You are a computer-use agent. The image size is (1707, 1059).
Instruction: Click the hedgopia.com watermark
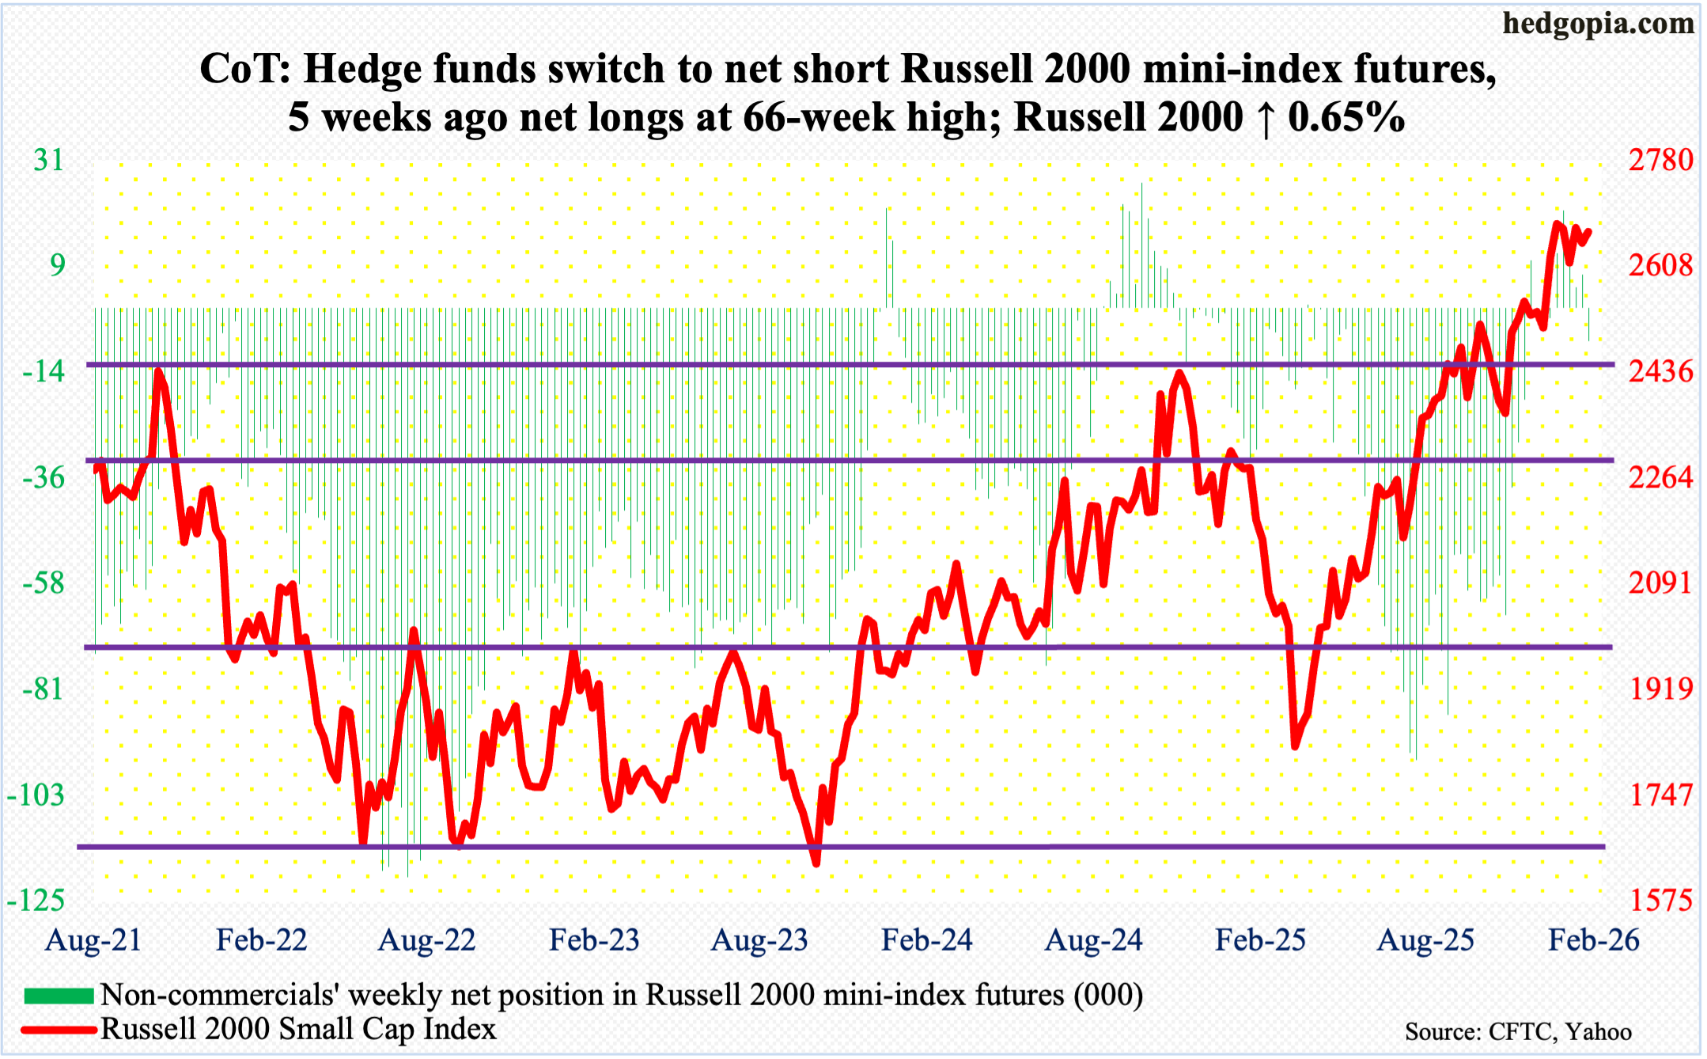point(1598,24)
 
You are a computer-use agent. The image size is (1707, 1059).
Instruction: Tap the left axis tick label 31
point(48,161)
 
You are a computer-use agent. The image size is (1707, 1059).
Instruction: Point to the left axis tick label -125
point(36,900)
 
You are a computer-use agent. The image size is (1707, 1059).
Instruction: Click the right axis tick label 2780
point(1660,161)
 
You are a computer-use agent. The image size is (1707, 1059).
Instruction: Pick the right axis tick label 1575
point(1660,900)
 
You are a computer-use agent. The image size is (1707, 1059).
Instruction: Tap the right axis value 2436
point(1660,371)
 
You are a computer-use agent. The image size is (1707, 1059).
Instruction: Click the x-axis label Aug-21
point(93,940)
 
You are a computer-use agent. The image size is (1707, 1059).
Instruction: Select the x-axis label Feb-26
point(1593,940)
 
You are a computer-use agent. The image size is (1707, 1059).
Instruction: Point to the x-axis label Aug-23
point(759,940)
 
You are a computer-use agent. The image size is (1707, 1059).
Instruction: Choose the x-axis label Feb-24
point(926,940)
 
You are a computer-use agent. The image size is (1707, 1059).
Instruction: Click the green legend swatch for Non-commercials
point(59,996)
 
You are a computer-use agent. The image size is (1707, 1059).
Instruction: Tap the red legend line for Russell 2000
point(59,1030)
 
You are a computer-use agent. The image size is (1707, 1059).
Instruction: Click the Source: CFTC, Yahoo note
point(1518,1032)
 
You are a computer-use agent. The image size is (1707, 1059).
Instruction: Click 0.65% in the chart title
point(1346,117)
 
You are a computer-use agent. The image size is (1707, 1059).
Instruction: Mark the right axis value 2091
point(1660,583)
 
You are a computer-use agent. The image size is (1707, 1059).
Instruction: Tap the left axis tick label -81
point(43,689)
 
